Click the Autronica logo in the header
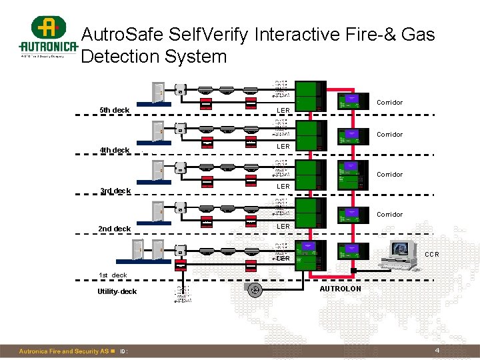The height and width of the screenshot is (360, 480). point(47,38)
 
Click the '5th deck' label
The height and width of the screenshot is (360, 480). point(114,110)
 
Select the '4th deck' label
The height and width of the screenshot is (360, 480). point(114,150)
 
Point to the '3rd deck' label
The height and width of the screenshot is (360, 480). point(114,191)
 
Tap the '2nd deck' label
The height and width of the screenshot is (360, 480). point(114,229)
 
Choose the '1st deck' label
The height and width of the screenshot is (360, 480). point(113,275)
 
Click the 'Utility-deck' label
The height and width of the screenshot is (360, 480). point(117,292)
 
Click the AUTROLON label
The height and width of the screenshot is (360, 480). point(340,289)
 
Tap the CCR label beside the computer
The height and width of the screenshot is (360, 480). point(432,255)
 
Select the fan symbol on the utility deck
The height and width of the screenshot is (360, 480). point(253,290)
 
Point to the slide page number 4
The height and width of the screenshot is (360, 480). point(437,351)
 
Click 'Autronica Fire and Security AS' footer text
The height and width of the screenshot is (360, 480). point(63,351)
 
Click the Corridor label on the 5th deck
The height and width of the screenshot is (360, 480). point(389,103)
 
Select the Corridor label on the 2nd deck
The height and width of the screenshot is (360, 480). point(389,215)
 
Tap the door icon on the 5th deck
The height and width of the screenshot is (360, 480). point(157,92)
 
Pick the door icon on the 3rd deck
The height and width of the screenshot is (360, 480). point(157,171)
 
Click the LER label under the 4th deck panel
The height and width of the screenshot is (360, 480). point(283,146)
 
